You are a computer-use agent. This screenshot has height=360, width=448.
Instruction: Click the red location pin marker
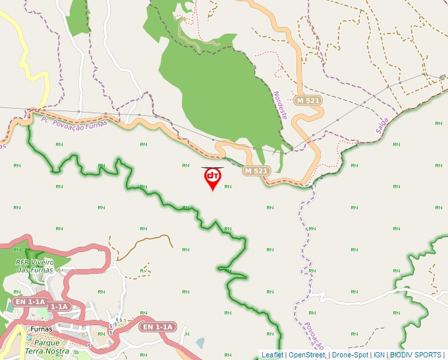coord(212,178)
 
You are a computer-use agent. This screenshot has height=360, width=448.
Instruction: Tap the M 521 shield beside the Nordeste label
coord(308,101)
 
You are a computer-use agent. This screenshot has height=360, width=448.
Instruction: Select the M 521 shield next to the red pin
coord(256,171)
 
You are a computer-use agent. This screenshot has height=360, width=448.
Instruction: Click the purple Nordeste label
coord(280,105)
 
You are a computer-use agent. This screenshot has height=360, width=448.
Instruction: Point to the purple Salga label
coord(383,126)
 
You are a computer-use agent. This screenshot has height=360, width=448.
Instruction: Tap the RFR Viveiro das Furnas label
coord(34,266)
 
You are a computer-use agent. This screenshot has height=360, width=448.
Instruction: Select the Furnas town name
coord(40,329)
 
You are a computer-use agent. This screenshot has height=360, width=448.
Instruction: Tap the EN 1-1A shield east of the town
coord(159,326)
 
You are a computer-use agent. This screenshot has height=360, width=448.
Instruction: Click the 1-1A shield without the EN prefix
coord(59,307)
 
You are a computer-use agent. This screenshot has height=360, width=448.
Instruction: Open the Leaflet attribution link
coord(272,355)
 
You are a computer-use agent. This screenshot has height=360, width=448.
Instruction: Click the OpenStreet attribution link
coord(307,355)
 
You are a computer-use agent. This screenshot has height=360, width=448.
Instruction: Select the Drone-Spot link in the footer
coord(350,355)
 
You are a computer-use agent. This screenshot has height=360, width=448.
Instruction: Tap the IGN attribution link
coord(379,355)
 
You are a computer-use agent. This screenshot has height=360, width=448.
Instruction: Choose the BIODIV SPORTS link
coord(416,355)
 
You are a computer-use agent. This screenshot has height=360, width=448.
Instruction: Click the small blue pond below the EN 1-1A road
coord(200,342)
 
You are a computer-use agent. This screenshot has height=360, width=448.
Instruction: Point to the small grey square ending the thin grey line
coord(442,77)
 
